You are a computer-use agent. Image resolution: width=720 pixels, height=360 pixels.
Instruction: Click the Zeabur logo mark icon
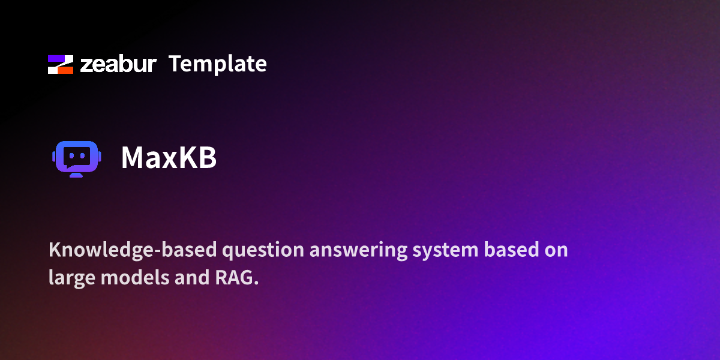[x=60, y=64]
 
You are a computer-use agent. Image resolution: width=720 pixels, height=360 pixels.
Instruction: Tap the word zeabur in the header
[x=118, y=64]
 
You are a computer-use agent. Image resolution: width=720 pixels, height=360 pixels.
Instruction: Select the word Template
[x=217, y=64]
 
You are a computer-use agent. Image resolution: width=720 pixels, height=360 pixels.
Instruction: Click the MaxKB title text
[x=169, y=158]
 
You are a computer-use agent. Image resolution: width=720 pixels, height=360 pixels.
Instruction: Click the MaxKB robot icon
[x=76, y=158]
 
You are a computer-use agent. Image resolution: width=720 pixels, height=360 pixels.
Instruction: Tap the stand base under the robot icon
[x=76, y=175]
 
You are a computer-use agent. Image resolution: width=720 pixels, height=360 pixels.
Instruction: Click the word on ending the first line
[x=556, y=250]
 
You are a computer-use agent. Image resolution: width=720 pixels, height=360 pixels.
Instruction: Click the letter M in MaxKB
[x=134, y=158]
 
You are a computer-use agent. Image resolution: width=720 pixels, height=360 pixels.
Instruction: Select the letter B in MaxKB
[x=206, y=158]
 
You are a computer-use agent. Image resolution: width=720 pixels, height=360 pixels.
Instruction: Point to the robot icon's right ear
[x=99, y=157]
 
